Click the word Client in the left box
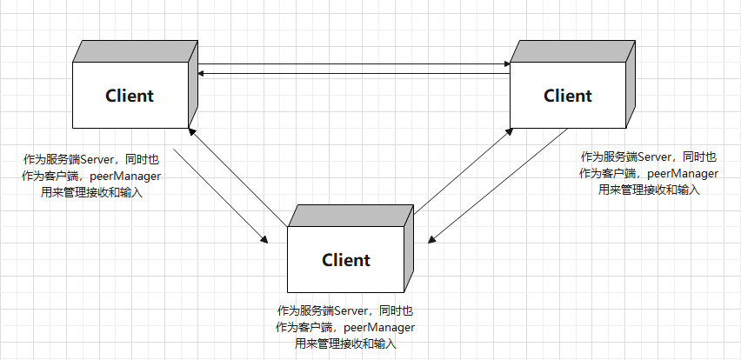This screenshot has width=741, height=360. (130, 96)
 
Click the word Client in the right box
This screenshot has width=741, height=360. (568, 96)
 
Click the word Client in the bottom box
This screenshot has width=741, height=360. (346, 259)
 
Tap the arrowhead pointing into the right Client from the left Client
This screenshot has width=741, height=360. (505, 63)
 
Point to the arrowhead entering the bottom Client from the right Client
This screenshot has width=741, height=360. (430, 241)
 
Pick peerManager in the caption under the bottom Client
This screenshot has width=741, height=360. (379, 327)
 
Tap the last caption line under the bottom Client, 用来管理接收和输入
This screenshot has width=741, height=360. (345, 343)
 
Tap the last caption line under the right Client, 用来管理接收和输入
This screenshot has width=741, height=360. (649, 190)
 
